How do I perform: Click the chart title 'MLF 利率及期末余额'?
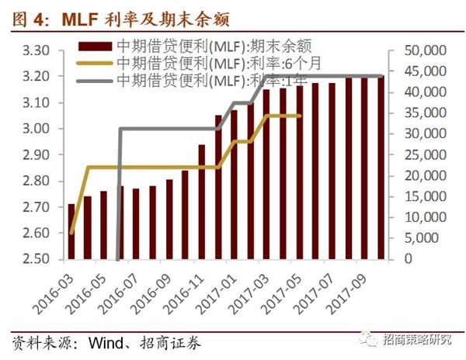(x=145, y=20)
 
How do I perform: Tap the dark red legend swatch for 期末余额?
(x=95, y=47)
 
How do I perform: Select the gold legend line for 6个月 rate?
(x=95, y=63)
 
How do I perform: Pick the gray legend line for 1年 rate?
(x=95, y=81)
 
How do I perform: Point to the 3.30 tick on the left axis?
(x=36, y=50)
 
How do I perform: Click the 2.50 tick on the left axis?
(x=36, y=259)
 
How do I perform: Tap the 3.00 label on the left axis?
(x=36, y=129)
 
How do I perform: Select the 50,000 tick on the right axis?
(x=426, y=50)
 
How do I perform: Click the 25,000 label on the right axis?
(x=426, y=155)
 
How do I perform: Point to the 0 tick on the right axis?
(x=409, y=259)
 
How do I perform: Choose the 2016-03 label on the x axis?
(x=54, y=293)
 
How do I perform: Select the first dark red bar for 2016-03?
(x=71, y=231)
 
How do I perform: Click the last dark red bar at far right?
(x=381, y=168)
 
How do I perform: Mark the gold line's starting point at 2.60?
(x=71, y=233)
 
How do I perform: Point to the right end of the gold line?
(x=300, y=116)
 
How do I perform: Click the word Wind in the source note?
(x=106, y=343)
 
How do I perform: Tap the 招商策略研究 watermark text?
(x=417, y=339)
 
